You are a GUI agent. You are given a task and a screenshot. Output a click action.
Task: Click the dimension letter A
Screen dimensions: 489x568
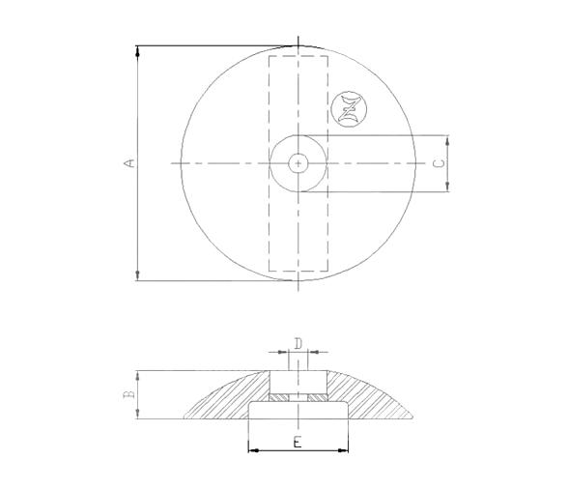tap(128, 163)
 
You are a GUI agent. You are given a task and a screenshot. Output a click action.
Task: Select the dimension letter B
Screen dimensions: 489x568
tap(127, 394)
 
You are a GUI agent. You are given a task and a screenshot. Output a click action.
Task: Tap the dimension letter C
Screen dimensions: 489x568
tap(439, 163)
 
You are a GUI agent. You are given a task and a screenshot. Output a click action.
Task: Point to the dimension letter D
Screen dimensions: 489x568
tap(298, 342)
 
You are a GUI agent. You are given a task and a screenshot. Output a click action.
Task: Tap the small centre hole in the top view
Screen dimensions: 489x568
tap(299, 163)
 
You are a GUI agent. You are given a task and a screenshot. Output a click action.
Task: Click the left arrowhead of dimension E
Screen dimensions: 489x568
tap(253, 449)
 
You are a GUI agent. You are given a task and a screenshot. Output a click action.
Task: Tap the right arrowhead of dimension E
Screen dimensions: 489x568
tap(345, 449)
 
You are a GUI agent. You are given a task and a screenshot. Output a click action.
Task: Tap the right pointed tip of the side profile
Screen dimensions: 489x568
tap(412, 417)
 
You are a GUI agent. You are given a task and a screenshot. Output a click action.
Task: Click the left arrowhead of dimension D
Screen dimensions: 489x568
tap(286, 352)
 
